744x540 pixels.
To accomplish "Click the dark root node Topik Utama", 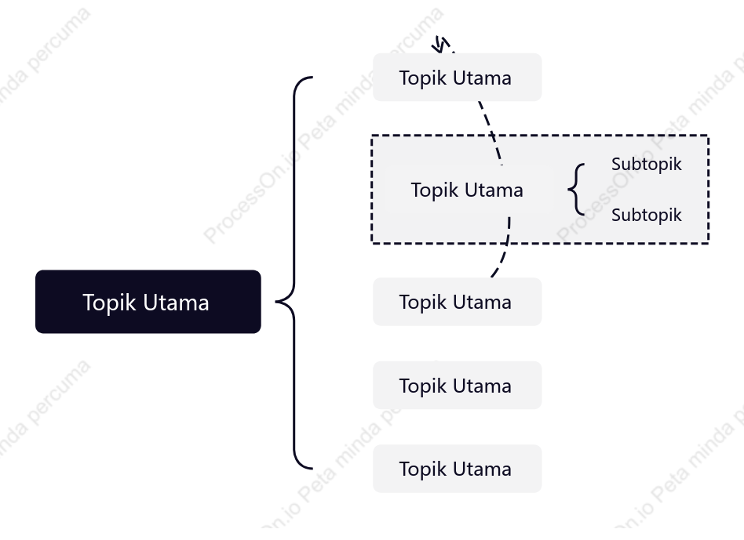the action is point(148,302).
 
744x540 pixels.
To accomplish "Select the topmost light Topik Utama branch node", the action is point(458,78).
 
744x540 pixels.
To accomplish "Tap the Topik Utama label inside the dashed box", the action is point(467,190).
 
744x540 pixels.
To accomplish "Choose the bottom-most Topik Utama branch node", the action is point(458,469).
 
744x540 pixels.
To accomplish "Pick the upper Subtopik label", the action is point(646,164).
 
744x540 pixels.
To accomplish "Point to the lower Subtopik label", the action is point(646,215).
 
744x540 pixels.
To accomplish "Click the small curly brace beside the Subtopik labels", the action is point(575,190).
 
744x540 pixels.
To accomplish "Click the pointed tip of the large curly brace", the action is point(276,301).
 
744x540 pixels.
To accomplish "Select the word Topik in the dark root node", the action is point(110,303).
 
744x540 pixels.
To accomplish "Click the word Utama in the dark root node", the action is point(176,303).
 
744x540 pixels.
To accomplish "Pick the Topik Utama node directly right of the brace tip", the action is point(458,302).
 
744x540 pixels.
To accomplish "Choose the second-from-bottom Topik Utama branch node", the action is point(458,385).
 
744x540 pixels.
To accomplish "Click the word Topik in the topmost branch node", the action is point(423,78).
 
